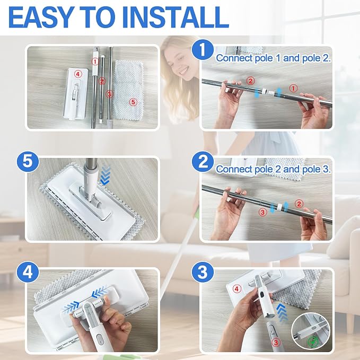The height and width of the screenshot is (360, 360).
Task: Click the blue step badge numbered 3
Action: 203,273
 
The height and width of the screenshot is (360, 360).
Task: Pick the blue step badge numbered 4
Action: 28,273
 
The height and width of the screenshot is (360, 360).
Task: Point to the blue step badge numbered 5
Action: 28,161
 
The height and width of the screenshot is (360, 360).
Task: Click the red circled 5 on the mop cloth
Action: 133,102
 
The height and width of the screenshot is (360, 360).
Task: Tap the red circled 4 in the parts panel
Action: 78,74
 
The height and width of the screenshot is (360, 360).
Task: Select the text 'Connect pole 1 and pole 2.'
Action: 273,58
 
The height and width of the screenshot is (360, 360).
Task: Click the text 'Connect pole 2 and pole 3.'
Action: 273,169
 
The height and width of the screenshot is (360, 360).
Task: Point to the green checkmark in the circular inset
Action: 313,342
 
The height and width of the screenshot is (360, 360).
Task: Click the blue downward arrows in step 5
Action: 106,175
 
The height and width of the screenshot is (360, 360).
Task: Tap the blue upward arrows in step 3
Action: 283,312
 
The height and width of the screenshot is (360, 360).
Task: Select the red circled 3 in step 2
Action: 262,212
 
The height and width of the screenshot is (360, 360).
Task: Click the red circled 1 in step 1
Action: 293,88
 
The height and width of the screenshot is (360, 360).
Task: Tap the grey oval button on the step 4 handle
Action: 100,338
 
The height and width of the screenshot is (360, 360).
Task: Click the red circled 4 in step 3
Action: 236,288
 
